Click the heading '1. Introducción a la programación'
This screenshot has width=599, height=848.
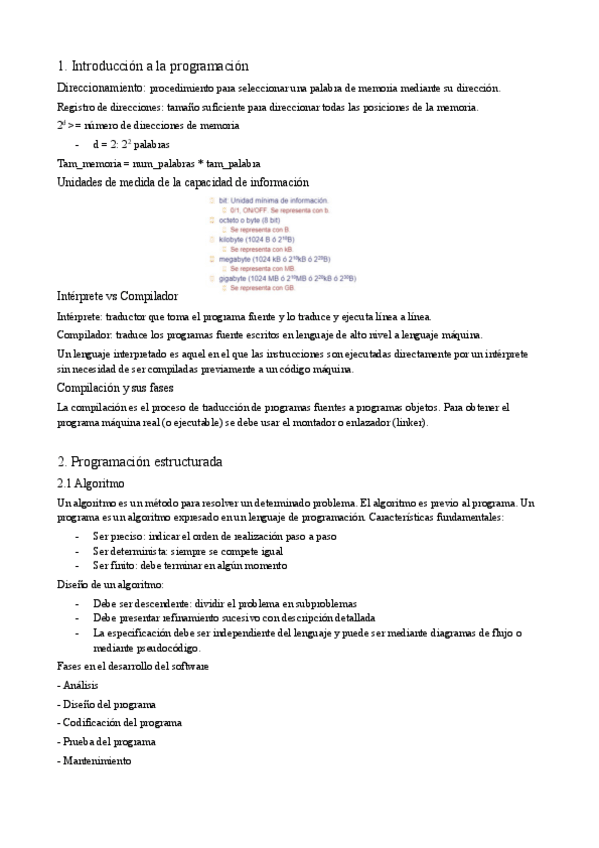(152, 66)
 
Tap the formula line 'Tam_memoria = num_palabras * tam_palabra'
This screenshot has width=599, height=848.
(159, 163)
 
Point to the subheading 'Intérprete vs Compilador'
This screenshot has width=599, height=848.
(117, 296)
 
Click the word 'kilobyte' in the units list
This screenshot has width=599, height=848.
(236, 239)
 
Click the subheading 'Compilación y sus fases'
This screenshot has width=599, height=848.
(115, 388)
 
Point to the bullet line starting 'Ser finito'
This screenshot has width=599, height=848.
(190, 565)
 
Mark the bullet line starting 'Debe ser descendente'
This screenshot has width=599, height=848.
(222, 604)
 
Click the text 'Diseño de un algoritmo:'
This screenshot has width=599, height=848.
(111, 584)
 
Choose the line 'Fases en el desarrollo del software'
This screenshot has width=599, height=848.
(132, 666)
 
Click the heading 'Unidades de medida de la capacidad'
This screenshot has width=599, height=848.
(183, 182)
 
